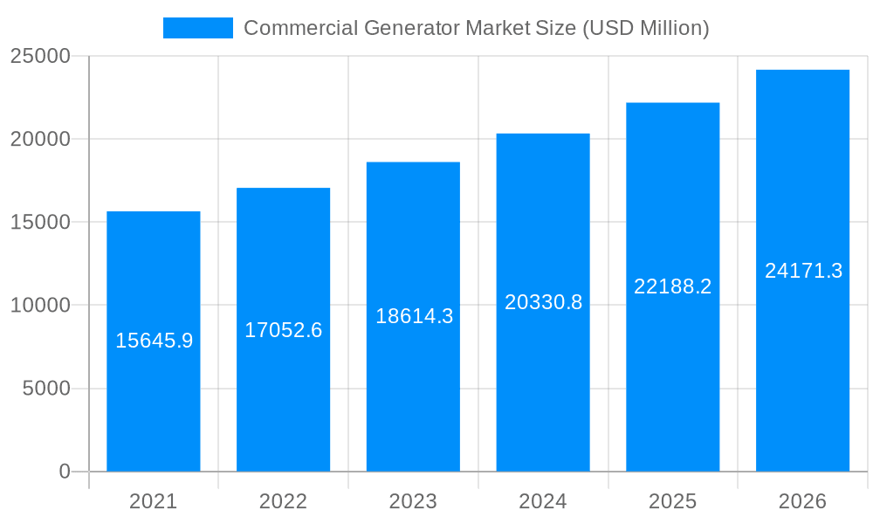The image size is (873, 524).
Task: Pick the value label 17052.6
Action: pyautogui.click(x=283, y=330)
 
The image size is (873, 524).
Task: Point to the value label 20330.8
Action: pyautogui.click(x=543, y=302)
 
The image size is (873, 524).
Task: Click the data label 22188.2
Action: pyautogui.click(x=672, y=286)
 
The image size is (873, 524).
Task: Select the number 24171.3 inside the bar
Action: pyautogui.click(x=803, y=271)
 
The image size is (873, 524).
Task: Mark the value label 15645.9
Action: pyautogui.click(x=154, y=341)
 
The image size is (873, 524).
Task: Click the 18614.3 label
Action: pyautogui.click(x=414, y=316)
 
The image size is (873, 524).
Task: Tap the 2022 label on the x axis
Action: pyautogui.click(x=283, y=501)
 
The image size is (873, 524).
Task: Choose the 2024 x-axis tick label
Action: pyautogui.click(x=543, y=501)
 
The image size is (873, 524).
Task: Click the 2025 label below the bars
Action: pyautogui.click(x=672, y=501)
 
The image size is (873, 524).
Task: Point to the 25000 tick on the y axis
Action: pyautogui.click(x=40, y=56)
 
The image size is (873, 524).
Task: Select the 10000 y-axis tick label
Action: pyautogui.click(x=40, y=306)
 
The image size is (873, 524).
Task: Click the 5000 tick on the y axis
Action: pyautogui.click(x=46, y=389)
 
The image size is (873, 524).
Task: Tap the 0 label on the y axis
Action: pyautogui.click(x=65, y=472)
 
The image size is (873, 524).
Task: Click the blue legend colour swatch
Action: pyautogui.click(x=198, y=28)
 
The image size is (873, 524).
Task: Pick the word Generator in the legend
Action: pyautogui.click(x=409, y=28)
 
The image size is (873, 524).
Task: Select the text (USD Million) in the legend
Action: pyautogui.click(x=645, y=28)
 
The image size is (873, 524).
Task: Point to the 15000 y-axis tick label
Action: pyautogui.click(x=40, y=223)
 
